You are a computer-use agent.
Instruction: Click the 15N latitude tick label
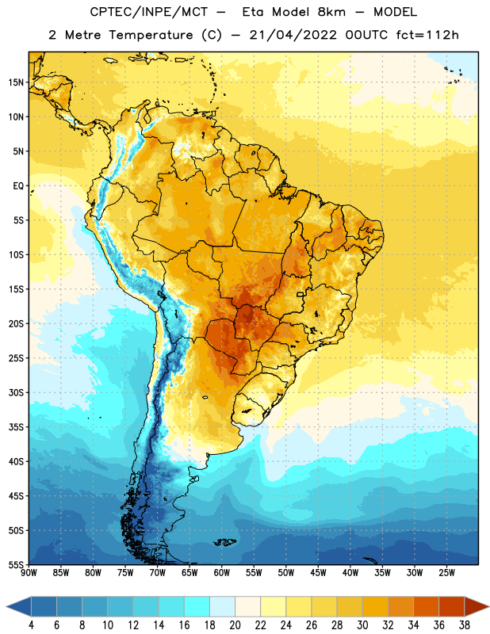point(16,82)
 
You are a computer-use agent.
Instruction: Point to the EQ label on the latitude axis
point(18,186)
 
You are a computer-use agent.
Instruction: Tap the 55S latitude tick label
point(16,564)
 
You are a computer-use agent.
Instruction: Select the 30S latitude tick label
point(16,392)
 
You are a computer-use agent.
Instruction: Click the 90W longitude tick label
point(29,572)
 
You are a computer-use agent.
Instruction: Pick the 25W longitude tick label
point(446,572)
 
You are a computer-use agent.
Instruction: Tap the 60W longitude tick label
point(222,572)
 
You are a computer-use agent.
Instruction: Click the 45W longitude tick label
point(318,572)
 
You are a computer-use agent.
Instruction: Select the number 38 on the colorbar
point(465,625)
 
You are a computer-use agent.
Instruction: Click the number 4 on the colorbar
point(31,625)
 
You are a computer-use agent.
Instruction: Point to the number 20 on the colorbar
point(235,625)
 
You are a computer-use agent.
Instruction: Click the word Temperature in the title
point(151,35)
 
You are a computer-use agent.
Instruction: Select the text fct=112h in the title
point(427,35)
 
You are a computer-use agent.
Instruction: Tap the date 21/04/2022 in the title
point(293,35)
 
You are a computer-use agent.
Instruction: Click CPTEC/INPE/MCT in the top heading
point(149,12)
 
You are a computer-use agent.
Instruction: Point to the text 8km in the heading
point(331,12)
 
